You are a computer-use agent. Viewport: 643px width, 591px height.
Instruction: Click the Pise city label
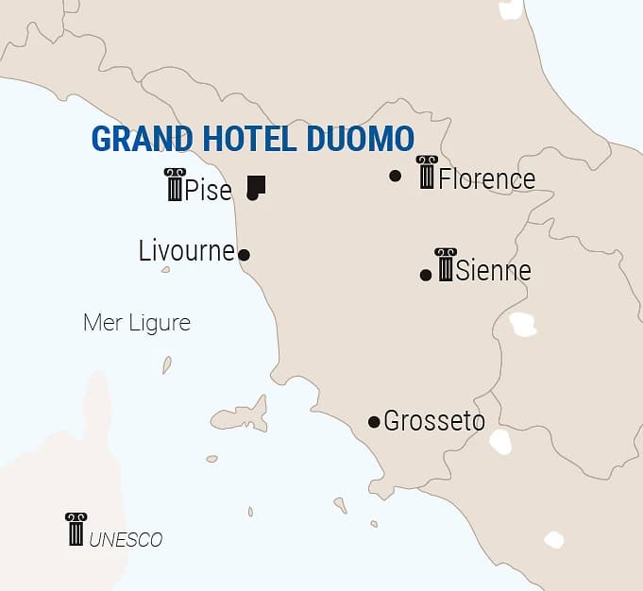pos(208,190)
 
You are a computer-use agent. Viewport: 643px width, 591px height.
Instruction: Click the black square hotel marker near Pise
pos(256,184)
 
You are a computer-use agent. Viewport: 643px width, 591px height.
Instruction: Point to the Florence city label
pos(486,178)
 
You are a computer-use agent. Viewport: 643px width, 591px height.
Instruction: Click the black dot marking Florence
pos(395,176)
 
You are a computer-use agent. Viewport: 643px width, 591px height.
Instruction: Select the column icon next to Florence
pos(427,173)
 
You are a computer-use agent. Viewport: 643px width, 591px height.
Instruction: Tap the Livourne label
pos(186,250)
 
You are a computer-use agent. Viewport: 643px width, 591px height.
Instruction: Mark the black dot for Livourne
pos(244,255)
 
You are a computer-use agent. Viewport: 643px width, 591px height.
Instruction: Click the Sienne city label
pos(493,271)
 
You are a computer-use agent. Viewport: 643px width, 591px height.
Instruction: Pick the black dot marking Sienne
pos(426,275)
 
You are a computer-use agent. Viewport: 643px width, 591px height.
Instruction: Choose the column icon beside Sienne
pos(446,264)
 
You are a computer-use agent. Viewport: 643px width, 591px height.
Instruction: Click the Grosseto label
pos(434,421)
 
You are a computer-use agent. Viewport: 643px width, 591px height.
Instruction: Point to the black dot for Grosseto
pos(374,421)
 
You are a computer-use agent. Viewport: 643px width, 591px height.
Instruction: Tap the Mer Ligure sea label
pos(137,323)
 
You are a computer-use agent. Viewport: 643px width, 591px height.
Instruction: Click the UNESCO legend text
pos(126,540)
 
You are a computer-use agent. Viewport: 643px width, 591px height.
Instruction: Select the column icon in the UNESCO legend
pos(76,529)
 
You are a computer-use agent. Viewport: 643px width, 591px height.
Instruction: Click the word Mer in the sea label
pos(101,323)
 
